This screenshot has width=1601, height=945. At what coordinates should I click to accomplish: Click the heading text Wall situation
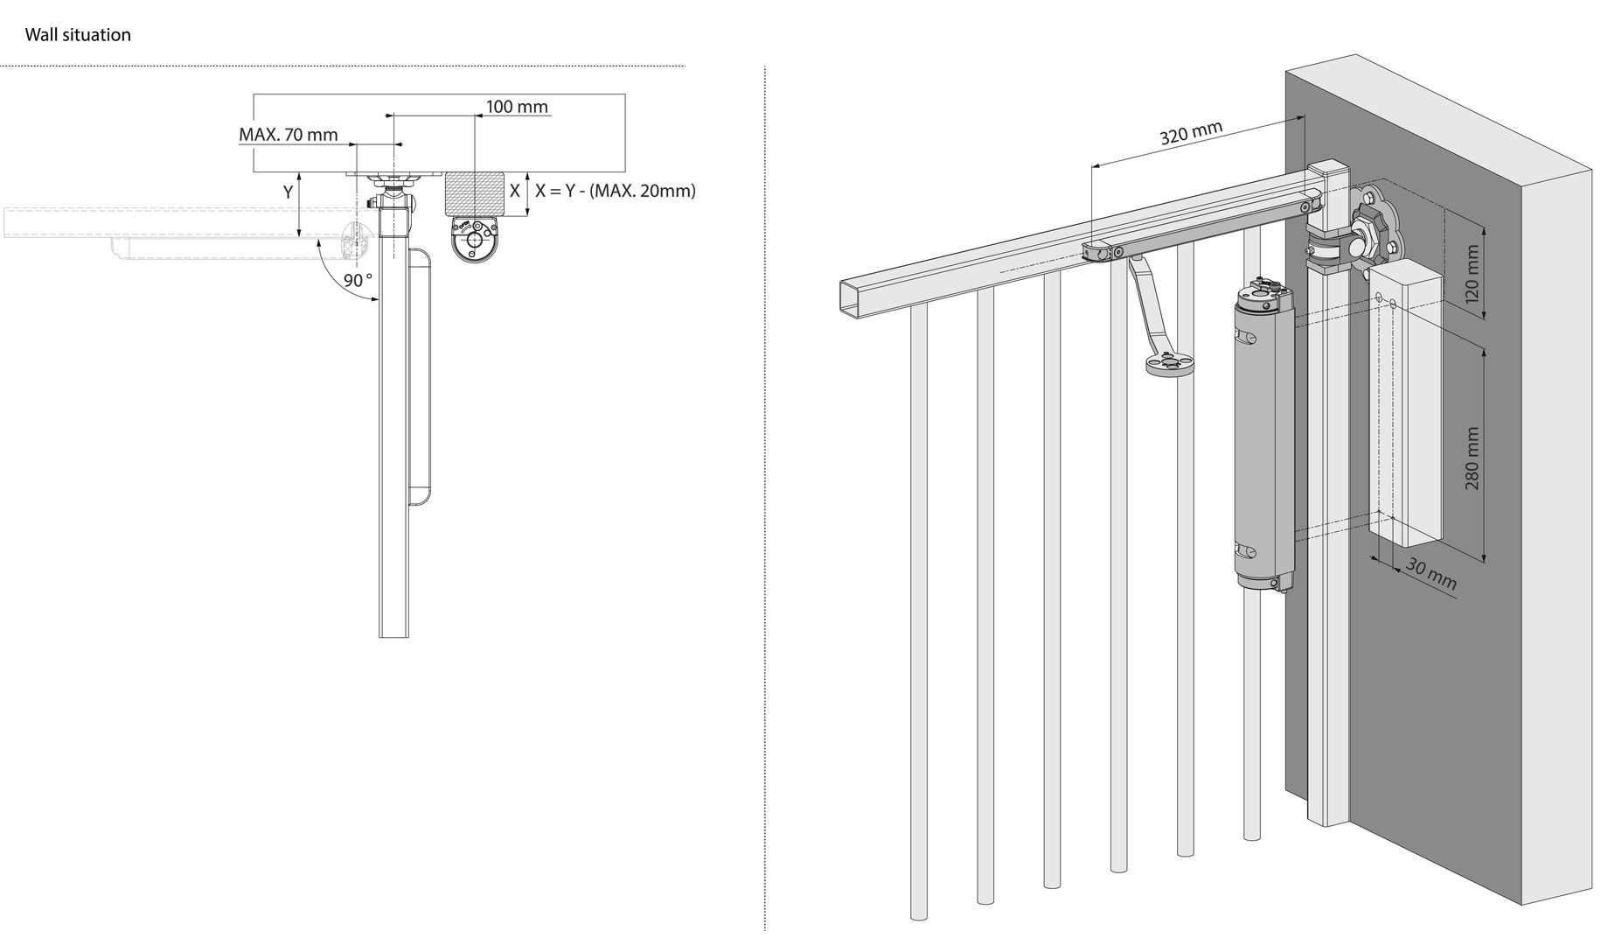point(78,35)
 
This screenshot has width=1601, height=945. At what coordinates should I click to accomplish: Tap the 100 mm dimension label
point(517,107)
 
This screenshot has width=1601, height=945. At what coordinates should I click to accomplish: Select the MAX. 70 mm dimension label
point(288,135)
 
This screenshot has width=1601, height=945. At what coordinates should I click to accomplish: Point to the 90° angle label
point(358,280)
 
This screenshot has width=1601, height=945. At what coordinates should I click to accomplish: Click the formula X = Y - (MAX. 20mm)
point(616,191)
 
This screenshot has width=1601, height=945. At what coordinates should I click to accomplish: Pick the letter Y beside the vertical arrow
point(288,192)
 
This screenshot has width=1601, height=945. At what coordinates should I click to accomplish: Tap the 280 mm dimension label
point(1472,458)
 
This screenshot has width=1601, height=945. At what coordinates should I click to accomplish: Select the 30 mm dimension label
point(1430,573)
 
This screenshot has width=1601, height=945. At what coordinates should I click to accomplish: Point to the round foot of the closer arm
point(1170,364)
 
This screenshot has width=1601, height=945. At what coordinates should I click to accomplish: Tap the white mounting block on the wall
point(1406,402)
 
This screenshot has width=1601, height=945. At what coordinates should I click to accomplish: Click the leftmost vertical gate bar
point(918,612)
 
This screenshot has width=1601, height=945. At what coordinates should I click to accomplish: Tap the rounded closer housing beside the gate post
point(419,376)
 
